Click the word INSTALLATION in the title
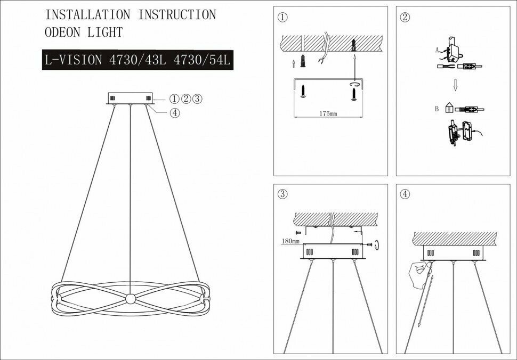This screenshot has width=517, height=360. coord(87,15)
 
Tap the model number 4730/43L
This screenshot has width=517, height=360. coord(138,60)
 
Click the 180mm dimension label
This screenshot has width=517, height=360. coord(285,241)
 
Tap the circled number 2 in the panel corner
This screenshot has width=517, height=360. coord(405,17)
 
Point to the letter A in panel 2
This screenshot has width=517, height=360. coord(437,49)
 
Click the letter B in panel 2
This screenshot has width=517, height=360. coord(437,110)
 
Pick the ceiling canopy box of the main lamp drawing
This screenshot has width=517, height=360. coord(130,99)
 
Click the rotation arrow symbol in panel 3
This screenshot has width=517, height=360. coord(377,244)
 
